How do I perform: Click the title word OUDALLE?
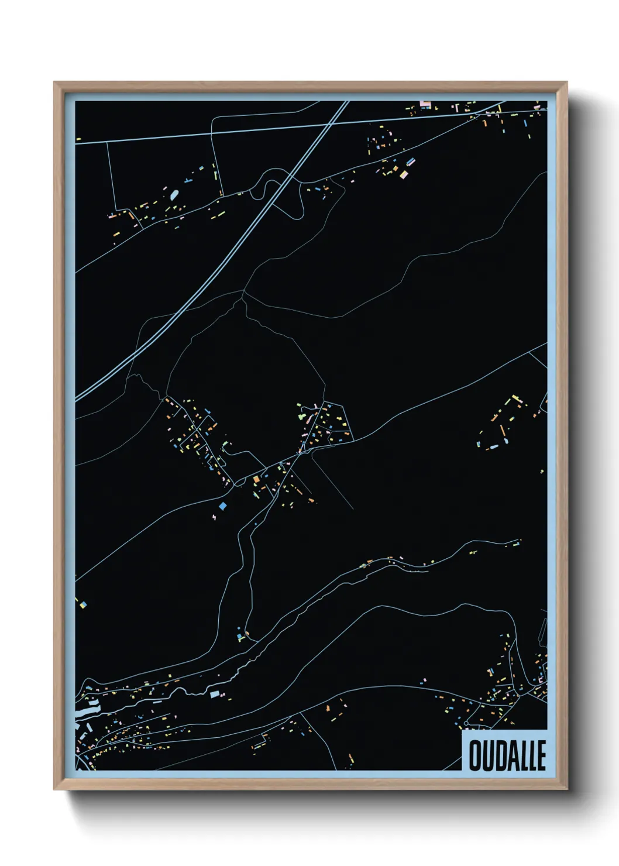coord(507,755)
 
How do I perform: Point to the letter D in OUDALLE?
coord(499,755)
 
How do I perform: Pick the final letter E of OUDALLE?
coord(541,755)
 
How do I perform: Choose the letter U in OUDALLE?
coord(487,755)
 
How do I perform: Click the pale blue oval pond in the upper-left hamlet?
coord(174,194)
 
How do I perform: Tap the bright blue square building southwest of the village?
coord(222,505)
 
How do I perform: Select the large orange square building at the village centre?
coord(256,479)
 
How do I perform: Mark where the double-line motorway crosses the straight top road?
coord(328,125)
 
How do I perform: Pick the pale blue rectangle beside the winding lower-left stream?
coord(214,694)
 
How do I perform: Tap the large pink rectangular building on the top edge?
coord(425,105)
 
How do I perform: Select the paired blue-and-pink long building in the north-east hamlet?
coord(410,161)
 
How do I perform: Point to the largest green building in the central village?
coord(304,417)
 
